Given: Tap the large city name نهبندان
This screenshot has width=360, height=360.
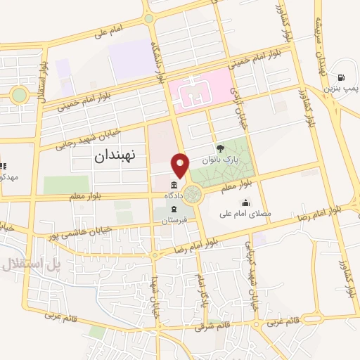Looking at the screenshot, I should pos(118,157).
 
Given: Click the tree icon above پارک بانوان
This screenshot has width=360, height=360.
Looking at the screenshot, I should pos(221,148).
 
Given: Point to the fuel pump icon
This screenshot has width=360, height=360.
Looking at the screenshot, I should pos(341,77).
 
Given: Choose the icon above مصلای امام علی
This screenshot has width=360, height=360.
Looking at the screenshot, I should pos(244,203).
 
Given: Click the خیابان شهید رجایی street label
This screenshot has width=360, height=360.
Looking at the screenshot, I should pos(80,139).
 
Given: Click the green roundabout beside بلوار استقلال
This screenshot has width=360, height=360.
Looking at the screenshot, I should pos(19,94).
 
